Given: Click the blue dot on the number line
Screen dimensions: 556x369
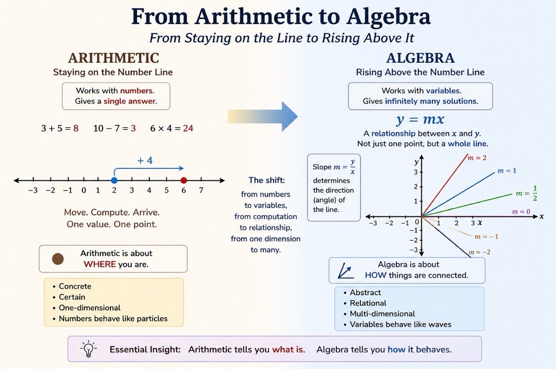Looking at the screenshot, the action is [114, 180].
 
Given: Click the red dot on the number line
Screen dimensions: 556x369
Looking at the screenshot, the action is [184, 180].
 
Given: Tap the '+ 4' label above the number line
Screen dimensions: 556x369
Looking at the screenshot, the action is [145, 160].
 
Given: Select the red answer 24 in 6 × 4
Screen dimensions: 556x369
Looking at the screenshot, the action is [188, 128].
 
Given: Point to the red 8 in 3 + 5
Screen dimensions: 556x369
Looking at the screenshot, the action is [76, 128].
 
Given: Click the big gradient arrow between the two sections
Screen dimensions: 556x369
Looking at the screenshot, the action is [262, 116].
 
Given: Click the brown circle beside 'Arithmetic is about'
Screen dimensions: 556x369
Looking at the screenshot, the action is [58, 259].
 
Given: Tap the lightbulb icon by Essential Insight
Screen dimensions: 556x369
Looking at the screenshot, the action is [88, 349].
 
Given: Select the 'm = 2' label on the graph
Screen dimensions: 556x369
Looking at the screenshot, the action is [477, 158].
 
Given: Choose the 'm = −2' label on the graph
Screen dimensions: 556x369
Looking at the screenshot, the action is [479, 252].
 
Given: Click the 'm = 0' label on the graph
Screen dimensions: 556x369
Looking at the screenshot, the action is [521, 212].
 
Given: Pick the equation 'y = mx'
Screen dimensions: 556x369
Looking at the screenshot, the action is [420, 119].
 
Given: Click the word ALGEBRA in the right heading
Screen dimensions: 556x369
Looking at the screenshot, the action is [420, 58].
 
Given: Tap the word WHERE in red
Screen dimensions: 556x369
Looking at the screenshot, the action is [99, 264].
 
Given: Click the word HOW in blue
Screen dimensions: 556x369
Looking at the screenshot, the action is [376, 275].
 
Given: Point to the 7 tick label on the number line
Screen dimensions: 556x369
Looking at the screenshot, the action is [201, 190].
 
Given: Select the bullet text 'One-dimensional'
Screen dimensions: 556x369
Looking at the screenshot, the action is [90, 307].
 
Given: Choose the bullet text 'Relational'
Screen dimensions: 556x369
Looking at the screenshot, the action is [368, 303].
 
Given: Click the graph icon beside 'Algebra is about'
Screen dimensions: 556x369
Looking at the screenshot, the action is [345, 271].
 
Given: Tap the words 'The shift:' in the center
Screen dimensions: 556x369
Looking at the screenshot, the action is [267, 180].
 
